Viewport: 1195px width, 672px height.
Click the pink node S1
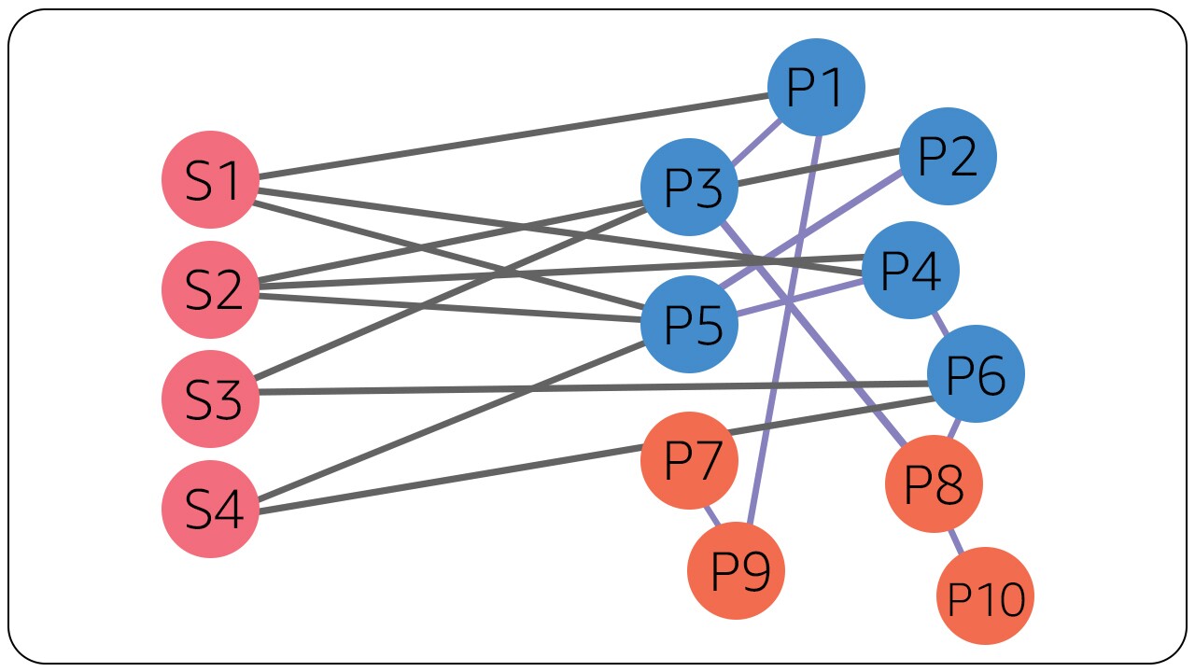click(210, 179)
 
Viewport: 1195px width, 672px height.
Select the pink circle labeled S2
click(210, 289)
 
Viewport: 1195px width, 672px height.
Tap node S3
click(210, 399)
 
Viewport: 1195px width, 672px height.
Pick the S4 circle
click(210, 510)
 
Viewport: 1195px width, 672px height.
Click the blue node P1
click(816, 87)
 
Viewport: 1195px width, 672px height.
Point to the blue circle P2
click(948, 156)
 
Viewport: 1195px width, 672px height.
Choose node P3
click(690, 188)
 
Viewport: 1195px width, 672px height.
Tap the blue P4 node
click(910, 271)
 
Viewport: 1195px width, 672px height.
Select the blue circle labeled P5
click(690, 325)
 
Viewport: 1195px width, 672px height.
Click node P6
click(976, 373)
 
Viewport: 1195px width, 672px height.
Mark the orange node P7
click(690, 460)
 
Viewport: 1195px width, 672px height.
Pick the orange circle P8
click(934, 484)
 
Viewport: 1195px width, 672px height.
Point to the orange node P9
click(736, 570)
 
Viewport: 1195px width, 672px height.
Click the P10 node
click(985, 596)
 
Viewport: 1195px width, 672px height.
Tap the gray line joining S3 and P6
click(560, 388)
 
